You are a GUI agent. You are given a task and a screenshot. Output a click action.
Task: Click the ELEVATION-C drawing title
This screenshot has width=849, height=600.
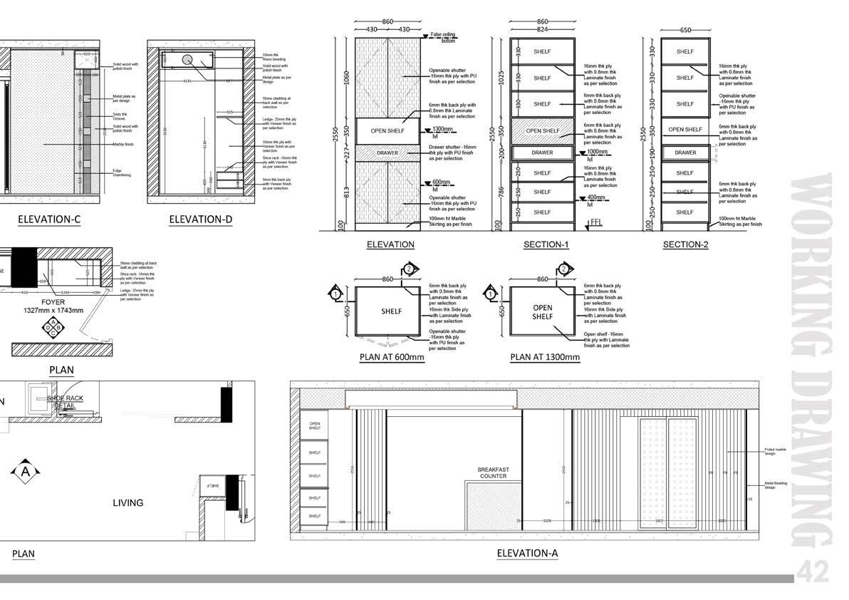tap(49, 219)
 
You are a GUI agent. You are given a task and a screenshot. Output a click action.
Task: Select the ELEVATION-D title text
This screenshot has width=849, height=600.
tap(201, 219)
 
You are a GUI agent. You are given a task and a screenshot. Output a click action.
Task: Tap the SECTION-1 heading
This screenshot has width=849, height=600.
tap(546, 244)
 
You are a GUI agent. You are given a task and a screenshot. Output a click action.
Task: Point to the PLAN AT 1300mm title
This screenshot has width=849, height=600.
tap(545, 357)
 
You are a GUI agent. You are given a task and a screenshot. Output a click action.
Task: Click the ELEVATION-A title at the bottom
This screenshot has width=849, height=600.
tap(527, 552)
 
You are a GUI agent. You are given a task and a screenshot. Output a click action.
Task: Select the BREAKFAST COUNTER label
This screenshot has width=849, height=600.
tap(492, 472)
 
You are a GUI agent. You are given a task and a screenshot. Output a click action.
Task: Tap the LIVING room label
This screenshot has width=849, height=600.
tap(127, 502)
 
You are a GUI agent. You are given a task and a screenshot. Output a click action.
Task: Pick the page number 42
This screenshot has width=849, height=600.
tap(812, 571)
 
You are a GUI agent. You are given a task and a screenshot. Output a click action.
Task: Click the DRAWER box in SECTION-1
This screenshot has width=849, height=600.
tap(542, 152)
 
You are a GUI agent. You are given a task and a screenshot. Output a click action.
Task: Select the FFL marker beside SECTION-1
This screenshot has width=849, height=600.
tap(595, 223)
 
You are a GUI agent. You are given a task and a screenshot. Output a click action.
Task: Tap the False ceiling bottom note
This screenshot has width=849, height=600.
tap(442, 37)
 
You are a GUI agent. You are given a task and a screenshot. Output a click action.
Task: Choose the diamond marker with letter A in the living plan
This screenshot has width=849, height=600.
tap(26, 471)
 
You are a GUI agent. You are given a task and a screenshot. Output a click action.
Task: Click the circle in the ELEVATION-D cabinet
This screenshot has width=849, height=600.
tap(188, 61)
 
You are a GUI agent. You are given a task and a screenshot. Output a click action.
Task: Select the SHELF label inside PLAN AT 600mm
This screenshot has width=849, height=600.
tap(391, 311)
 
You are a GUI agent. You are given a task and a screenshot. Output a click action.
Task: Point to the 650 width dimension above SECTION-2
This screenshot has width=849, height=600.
tap(685, 31)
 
